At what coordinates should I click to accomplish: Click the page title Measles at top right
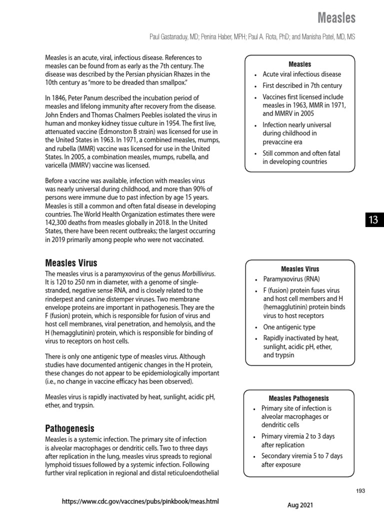click(336, 18)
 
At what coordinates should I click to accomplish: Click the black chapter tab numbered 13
click(373, 220)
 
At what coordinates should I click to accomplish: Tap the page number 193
click(360, 491)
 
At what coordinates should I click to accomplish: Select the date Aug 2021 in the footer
click(300, 505)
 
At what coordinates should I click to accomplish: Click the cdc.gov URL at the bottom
click(140, 501)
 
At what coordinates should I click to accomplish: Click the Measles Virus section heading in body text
click(71, 263)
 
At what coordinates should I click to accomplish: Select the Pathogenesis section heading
click(69, 428)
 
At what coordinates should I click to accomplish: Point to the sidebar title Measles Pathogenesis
click(298, 398)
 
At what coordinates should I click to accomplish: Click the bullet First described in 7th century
click(302, 85)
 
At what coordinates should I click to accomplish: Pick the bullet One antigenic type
click(288, 327)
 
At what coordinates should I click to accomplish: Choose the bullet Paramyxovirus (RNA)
click(291, 279)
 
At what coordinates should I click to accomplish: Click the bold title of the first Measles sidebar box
click(299, 64)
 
